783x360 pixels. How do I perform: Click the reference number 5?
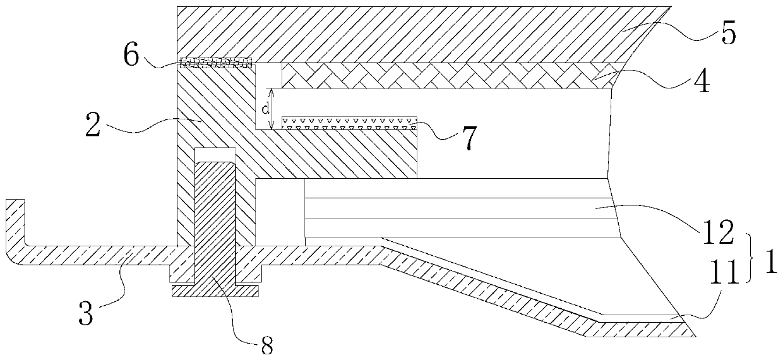tap(728, 34)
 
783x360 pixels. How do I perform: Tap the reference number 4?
tap(719, 84)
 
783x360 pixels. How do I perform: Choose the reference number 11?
tap(722, 273)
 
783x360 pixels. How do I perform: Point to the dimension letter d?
tap(264, 108)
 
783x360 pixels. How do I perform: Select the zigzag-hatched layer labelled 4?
tap(442, 75)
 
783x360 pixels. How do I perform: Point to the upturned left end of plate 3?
tap(15, 218)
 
